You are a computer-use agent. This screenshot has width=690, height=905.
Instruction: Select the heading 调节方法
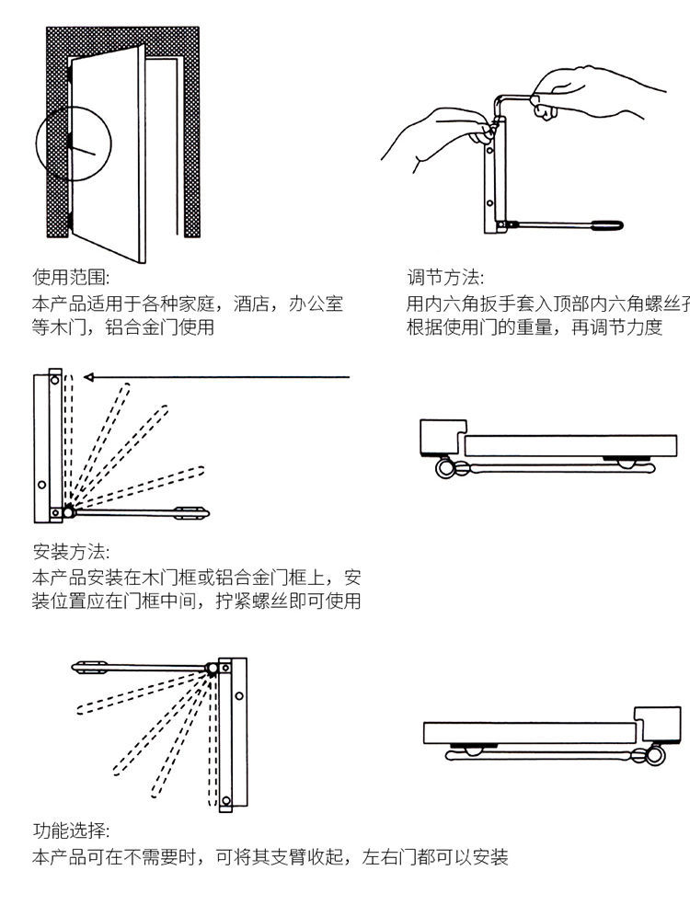coord(445,277)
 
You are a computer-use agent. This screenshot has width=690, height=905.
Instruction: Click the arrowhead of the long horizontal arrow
coord(88,376)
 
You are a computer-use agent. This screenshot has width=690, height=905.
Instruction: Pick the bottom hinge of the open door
coord(70,221)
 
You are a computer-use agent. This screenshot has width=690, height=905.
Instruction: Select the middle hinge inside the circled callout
coord(70,143)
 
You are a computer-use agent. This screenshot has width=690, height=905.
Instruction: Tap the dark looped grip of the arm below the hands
coord(606,223)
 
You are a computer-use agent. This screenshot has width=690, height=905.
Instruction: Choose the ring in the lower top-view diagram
coord(654,755)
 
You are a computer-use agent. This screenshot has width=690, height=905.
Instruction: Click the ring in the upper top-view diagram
coord(446,468)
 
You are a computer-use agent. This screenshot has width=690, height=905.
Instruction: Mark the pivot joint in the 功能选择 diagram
coord(213,669)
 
